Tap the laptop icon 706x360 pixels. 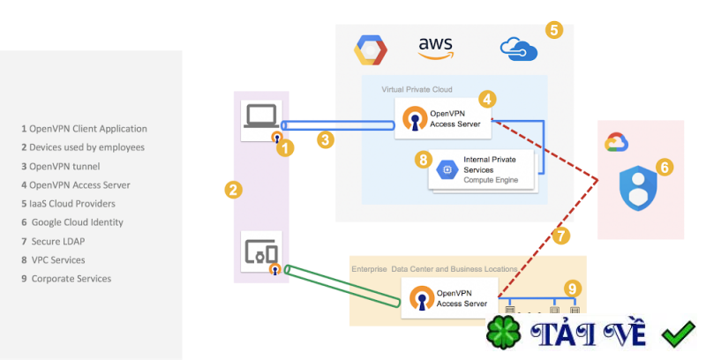click(x=261, y=116)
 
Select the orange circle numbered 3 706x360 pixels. click(x=326, y=139)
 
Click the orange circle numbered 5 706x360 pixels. click(x=553, y=29)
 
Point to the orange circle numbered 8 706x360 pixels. click(x=424, y=160)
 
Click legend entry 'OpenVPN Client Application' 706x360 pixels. click(x=84, y=128)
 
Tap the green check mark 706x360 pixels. click(x=679, y=334)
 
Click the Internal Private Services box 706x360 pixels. click(x=484, y=169)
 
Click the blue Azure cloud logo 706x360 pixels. click(x=519, y=48)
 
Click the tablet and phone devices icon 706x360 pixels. click(x=260, y=251)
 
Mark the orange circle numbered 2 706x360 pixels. click(x=233, y=189)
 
